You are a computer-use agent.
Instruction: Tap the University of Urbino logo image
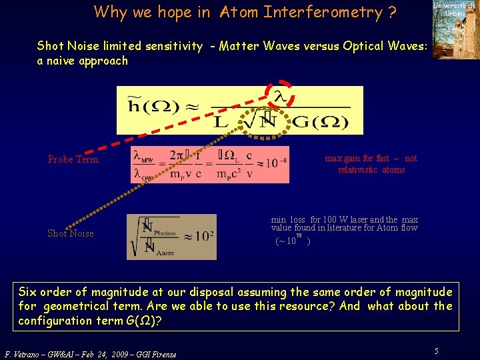[x=455, y=29]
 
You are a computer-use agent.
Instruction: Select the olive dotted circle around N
[x=268, y=119]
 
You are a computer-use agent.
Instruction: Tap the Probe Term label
[x=74, y=159]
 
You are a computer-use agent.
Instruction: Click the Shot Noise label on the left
[x=70, y=233]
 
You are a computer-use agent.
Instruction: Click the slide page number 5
[x=437, y=351]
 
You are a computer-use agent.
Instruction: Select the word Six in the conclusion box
[x=29, y=292]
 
